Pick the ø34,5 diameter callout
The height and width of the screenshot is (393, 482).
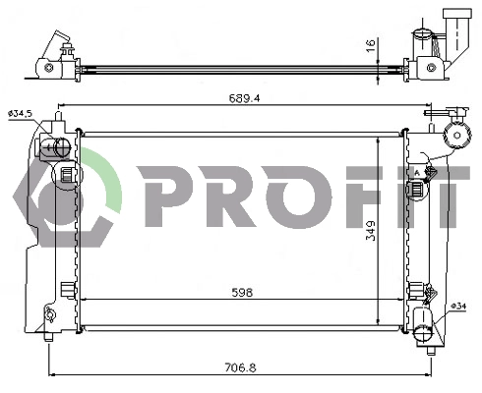21,115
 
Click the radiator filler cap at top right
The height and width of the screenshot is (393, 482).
454,136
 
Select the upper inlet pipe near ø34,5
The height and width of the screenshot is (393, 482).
55,148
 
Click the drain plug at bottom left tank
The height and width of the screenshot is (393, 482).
48,315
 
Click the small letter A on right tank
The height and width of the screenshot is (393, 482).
418,173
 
